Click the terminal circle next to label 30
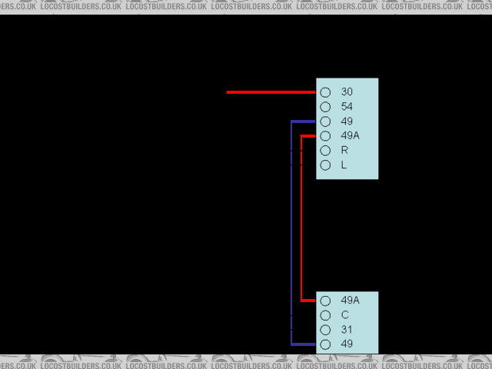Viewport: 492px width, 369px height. pyautogui.click(x=325, y=92)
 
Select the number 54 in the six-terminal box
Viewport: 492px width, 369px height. pyautogui.click(x=347, y=107)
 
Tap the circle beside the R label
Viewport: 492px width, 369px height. pyautogui.click(x=325, y=151)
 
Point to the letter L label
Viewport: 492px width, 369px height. pyautogui.click(x=344, y=165)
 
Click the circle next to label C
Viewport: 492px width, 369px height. pyautogui.click(x=325, y=316)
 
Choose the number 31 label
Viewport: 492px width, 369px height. pyautogui.click(x=347, y=330)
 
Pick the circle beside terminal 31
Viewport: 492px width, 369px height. pyautogui.click(x=325, y=331)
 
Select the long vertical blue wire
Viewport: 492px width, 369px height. pyautogui.click(x=292, y=231)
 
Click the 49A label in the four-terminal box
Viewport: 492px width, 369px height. pyautogui.click(x=350, y=301)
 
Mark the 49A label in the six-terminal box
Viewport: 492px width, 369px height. pyautogui.click(x=350, y=136)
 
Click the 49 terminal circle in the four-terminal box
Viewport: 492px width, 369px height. pyautogui.click(x=325, y=345)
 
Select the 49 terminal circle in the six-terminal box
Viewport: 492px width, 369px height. pyautogui.click(x=325, y=121)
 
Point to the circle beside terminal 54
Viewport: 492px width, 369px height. pyautogui.click(x=325, y=107)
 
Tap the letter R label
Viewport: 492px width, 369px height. pyautogui.click(x=344, y=151)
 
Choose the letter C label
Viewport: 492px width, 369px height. pyautogui.click(x=345, y=315)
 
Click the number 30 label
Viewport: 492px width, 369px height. pyautogui.click(x=347, y=92)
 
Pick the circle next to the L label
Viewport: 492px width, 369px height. pyautogui.click(x=325, y=165)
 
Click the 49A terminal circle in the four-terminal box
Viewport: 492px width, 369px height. pyautogui.click(x=325, y=301)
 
